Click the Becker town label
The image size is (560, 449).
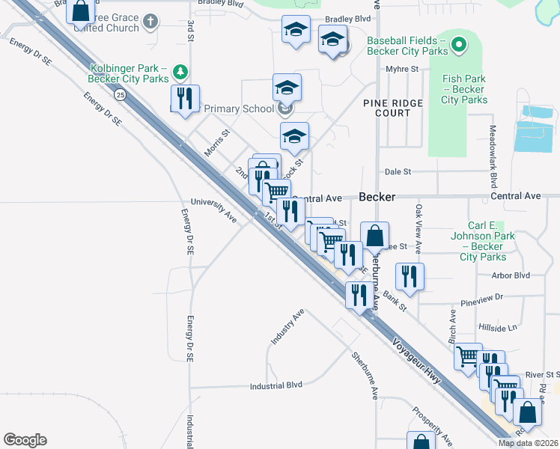pyautogui.click(x=377, y=197)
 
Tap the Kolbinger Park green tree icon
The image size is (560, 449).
pyautogui.click(x=180, y=73)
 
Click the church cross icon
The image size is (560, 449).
pyautogui.click(x=150, y=22)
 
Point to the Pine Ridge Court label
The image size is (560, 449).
pyautogui.click(x=393, y=108)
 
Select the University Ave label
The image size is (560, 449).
pyautogui.click(x=213, y=207)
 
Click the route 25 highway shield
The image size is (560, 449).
pyautogui.click(x=120, y=95)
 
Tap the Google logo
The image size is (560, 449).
pyautogui.click(x=25, y=440)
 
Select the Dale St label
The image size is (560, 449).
pyautogui.click(x=398, y=171)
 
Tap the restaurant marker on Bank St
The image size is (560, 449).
pyautogui.click(x=410, y=276)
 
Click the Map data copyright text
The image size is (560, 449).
pyautogui.click(x=528, y=443)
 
